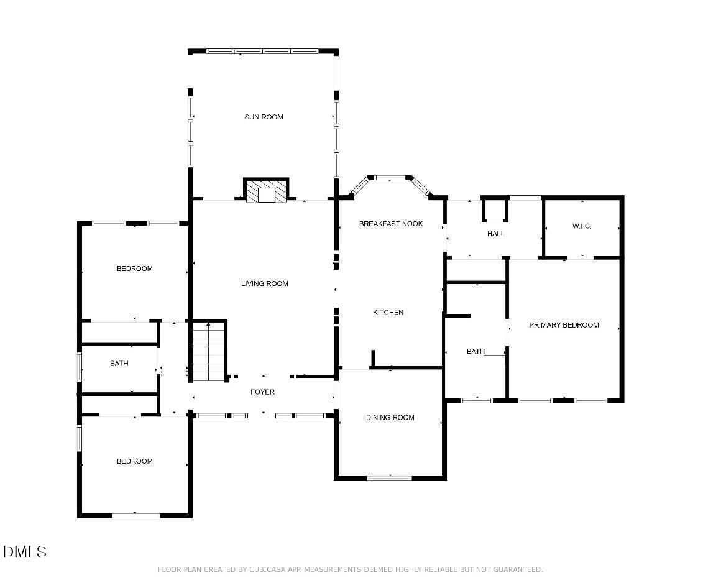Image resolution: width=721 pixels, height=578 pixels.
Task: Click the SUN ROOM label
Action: tap(264, 117)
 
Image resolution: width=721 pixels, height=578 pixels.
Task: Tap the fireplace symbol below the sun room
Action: tap(266, 191)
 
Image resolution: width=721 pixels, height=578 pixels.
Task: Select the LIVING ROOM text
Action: tap(264, 283)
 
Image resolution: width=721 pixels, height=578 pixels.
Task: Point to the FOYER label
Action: tap(262, 392)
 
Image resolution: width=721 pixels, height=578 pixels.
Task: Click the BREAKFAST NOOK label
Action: tap(390, 224)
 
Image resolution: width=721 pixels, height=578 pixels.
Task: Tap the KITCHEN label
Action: tap(388, 313)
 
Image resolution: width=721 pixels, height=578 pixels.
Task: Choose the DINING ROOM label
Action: tap(390, 418)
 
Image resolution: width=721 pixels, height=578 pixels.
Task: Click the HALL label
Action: tap(496, 234)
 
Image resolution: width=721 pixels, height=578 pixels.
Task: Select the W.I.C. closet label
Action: tap(582, 226)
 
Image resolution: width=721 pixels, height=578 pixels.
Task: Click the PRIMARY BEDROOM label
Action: tap(564, 325)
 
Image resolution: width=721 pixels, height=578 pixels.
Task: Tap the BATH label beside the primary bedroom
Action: tap(475, 351)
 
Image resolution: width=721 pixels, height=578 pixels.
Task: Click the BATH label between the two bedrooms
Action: tap(119, 364)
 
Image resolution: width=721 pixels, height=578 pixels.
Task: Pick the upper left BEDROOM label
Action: tap(134, 268)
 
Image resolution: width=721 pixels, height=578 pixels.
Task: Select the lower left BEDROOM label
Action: tap(134, 461)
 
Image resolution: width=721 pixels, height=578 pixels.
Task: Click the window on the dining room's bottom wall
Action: tap(390, 478)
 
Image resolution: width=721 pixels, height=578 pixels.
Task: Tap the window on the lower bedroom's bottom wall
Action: tap(136, 515)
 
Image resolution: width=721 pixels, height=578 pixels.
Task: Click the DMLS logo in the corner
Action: tap(25, 551)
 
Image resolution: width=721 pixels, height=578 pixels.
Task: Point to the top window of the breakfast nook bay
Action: tap(390, 178)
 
